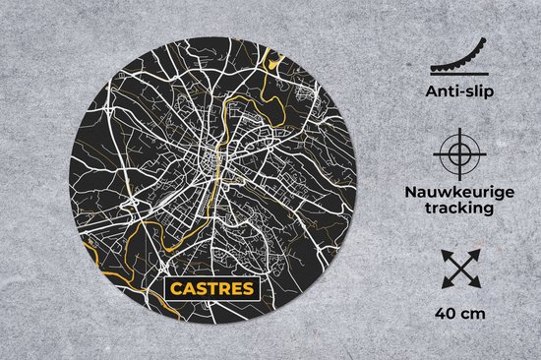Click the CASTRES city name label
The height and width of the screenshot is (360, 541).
pos(210,290)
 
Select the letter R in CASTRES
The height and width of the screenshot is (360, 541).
pos(220,290)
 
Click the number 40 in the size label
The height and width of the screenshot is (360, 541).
pos(442,314)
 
